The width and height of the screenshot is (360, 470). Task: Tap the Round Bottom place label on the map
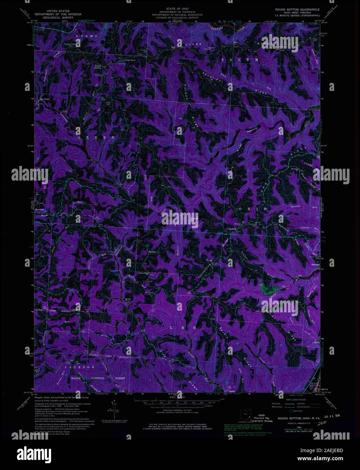point(98,67)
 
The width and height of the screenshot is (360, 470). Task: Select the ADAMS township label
point(86,36)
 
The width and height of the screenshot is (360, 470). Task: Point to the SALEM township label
point(240,60)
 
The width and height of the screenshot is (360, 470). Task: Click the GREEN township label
point(96,138)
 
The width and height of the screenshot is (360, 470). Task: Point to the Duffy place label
point(317,342)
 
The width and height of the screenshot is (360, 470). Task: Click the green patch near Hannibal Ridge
point(270,289)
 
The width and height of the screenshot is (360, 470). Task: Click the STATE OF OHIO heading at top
point(177,7)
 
